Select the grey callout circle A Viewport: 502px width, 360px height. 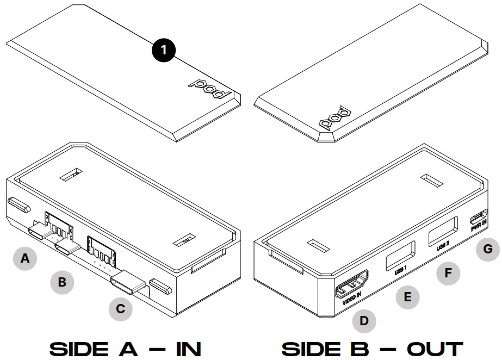pos(24,259)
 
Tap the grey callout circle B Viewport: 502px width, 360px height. pos(62,282)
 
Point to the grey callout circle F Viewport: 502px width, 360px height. pos(448,272)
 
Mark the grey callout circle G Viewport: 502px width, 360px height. pos(488,249)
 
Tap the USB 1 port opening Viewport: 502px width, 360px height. pos(400,254)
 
